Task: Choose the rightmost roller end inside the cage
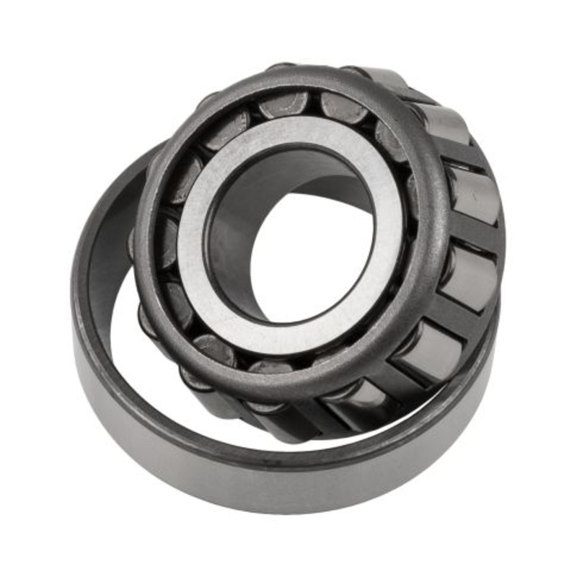[415, 195]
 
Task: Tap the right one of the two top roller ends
[343, 108]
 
